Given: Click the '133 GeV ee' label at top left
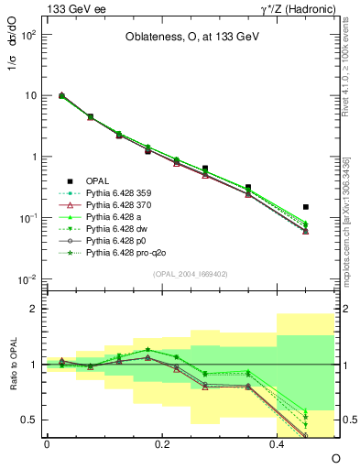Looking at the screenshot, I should [71, 8].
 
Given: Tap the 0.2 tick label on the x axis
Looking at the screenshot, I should [162, 443].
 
